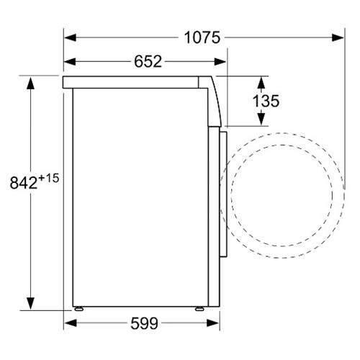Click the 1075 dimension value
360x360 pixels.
202,37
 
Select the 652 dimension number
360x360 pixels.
148,61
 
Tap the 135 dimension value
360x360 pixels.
266,101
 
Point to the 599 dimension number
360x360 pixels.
144,323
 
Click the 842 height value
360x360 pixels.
24,183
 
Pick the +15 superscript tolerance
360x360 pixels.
48,179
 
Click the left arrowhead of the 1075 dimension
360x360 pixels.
70,37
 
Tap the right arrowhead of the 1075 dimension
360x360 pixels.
338,37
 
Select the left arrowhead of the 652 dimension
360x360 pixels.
70,62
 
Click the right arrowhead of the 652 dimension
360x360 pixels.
220,62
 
